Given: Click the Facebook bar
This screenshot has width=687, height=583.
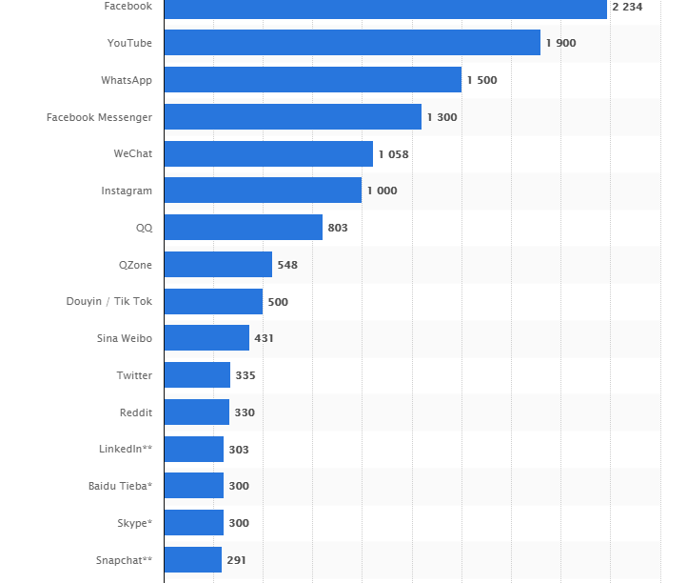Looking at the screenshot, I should pyautogui.click(x=385, y=8).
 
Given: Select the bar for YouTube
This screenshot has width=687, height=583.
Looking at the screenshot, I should pyautogui.click(x=352, y=43).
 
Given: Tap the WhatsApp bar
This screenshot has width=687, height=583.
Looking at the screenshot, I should pyautogui.click(x=312, y=80).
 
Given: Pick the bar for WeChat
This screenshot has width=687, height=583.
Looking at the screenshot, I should pyautogui.click(x=268, y=154).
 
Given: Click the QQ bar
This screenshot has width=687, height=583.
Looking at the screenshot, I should pyautogui.click(x=243, y=228).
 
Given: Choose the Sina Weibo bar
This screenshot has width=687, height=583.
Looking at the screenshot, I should pyautogui.click(x=206, y=338).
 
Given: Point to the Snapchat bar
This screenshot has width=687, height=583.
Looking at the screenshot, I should pyautogui.click(x=192, y=560).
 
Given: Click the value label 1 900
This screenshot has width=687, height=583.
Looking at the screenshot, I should pyautogui.click(x=560, y=43).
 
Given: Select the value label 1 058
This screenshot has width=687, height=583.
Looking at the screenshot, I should pyautogui.click(x=393, y=154).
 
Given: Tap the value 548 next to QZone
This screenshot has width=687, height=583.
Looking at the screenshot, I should pyautogui.click(x=287, y=265).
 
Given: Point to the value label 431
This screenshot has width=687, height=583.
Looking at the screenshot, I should pyautogui.click(x=264, y=338).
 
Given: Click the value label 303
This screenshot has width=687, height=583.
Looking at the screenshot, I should pyautogui.click(x=239, y=450).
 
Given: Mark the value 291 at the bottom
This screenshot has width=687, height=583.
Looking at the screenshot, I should pyautogui.click(x=236, y=560).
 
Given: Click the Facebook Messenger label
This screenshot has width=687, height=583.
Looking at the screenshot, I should pyautogui.click(x=99, y=117).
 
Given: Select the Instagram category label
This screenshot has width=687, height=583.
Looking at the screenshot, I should pyautogui.click(x=127, y=191).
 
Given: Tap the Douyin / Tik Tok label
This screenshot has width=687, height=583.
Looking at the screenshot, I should pyautogui.click(x=108, y=302).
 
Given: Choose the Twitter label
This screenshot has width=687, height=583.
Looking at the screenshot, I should pyautogui.click(x=134, y=375).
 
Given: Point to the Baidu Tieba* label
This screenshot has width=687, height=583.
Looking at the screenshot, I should pyautogui.click(x=120, y=486).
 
